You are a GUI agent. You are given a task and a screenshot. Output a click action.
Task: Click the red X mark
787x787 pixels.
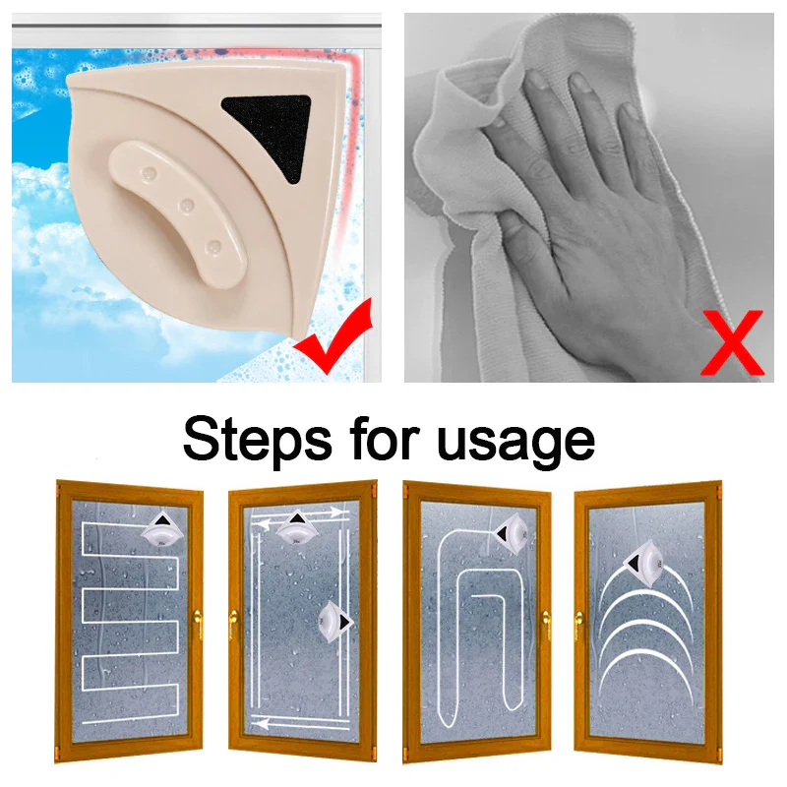pos(733,342)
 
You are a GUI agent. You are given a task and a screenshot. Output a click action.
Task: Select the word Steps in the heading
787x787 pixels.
pos(257,438)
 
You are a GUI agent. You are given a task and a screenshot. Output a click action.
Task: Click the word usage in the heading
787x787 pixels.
pos(515,443)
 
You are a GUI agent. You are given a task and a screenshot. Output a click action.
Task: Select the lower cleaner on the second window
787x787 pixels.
pos(334,622)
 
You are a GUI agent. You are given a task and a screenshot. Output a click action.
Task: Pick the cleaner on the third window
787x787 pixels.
pos(511,533)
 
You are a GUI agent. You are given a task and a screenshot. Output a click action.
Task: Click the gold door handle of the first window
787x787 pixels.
pos(198,623)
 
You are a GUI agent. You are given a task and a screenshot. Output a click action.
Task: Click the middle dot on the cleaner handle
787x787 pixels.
pos(187,205)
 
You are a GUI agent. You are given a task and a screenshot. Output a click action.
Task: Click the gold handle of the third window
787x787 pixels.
pos(547,625)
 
